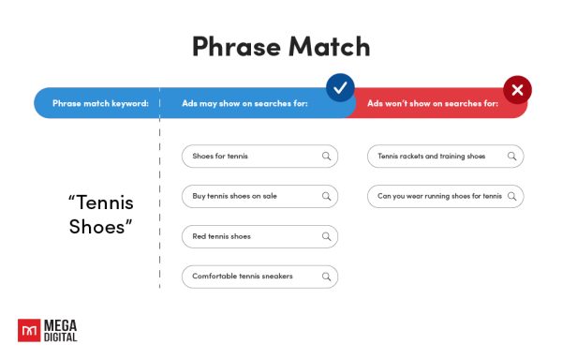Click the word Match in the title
click(327, 46)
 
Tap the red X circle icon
click(517, 90)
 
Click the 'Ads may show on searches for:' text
click(245, 102)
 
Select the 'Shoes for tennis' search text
click(220, 156)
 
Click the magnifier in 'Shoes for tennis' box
click(326, 156)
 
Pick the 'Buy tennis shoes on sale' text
click(234, 197)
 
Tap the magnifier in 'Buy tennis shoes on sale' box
click(326, 197)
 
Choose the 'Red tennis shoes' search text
click(221, 236)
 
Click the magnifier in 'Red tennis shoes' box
click(326, 236)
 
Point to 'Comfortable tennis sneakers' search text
click(242, 277)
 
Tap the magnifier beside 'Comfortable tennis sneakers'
click(326, 277)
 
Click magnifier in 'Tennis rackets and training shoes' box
click(511, 156)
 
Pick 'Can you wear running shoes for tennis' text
click(439, 197)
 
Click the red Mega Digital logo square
click(29, 329)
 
